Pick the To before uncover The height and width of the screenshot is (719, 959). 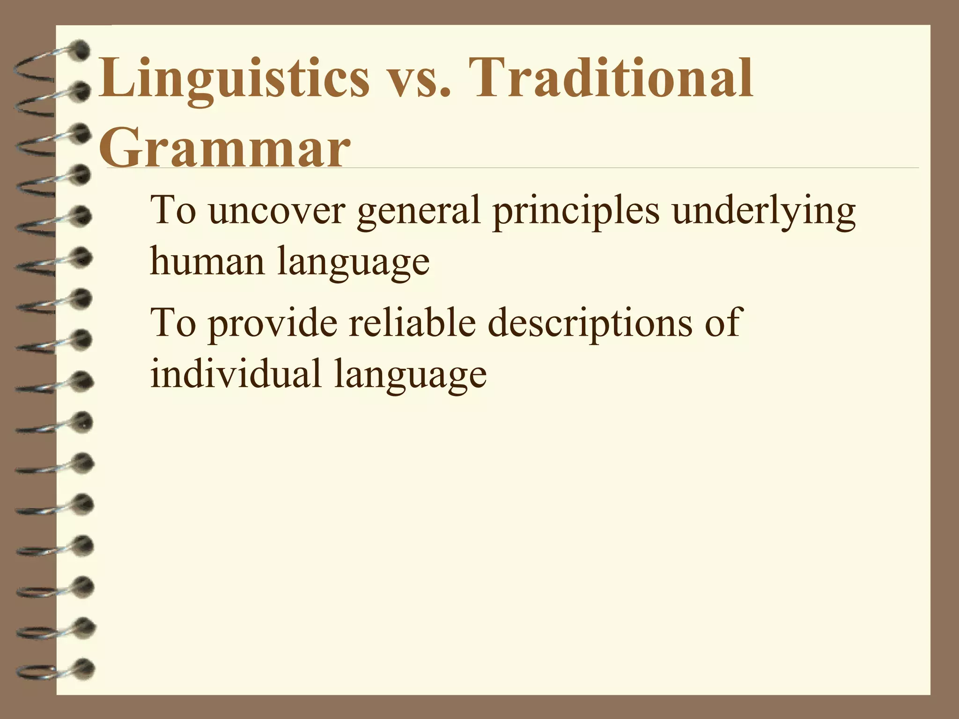click(172, 211)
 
